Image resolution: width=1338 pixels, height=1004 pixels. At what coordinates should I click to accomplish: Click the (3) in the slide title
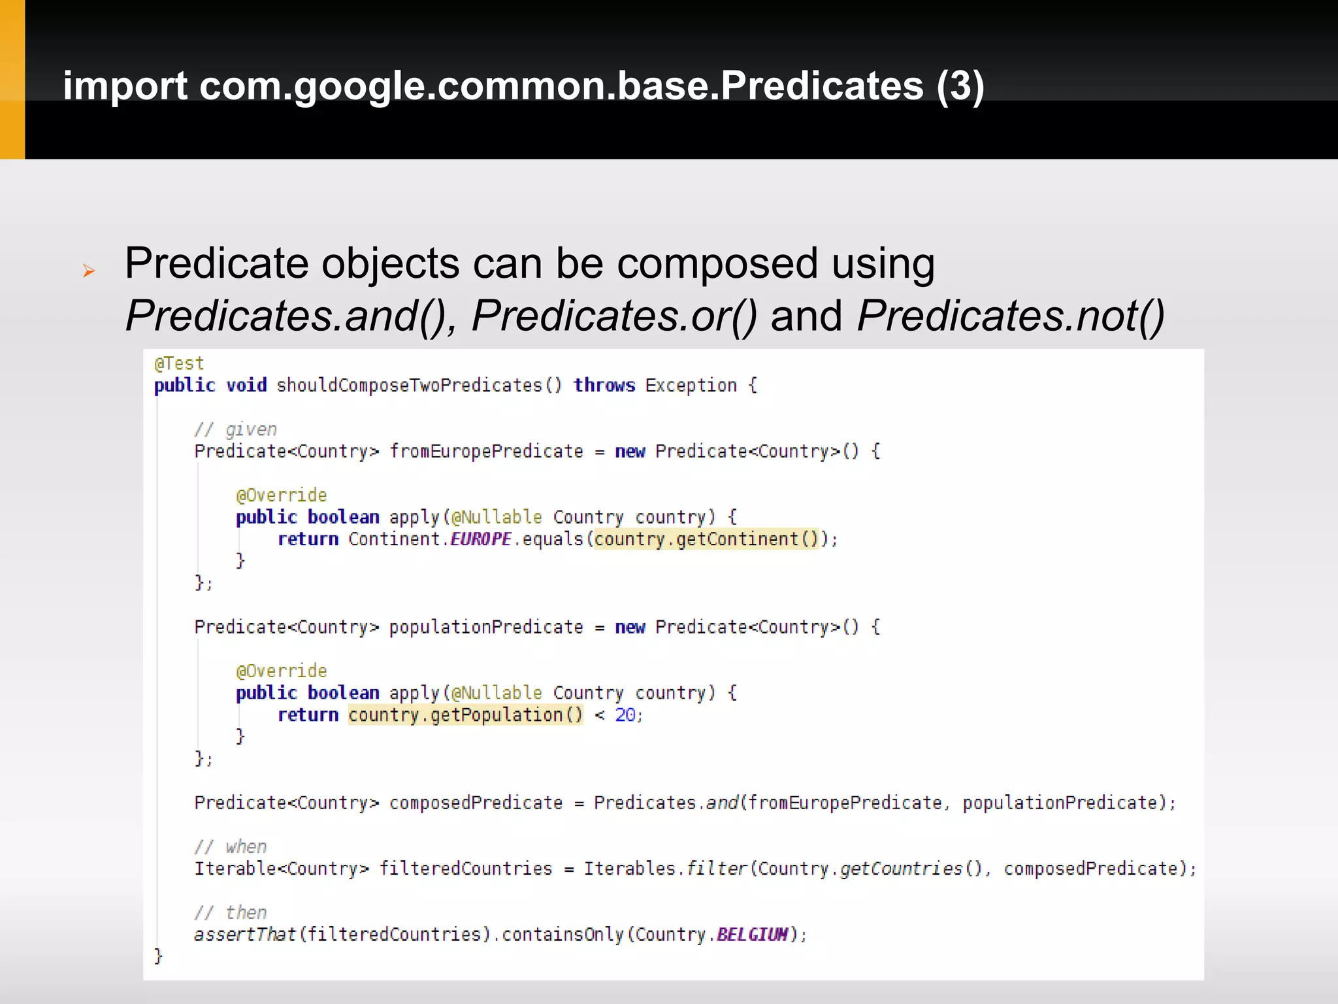[960, 86]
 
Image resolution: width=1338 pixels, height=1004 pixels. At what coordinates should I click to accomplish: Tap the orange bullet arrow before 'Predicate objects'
[89, 271]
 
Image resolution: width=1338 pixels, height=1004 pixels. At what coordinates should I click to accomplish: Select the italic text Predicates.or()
[614, 316]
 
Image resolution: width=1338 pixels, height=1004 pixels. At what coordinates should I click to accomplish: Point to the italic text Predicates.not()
[1010, 316]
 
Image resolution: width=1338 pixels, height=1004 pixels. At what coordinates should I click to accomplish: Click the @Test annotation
[179, 363]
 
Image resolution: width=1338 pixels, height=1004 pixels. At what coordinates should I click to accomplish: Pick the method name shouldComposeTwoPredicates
[410, 386]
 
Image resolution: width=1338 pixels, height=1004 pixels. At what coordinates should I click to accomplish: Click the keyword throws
[604, 386]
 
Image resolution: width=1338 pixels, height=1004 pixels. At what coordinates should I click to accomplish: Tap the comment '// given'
[236, 429]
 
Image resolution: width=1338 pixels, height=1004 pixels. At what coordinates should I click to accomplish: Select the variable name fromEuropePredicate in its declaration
[486, 452]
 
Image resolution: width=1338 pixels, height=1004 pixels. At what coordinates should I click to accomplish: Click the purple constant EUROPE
[481, 539]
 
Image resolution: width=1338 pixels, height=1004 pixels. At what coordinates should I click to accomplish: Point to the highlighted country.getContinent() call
[706, 539]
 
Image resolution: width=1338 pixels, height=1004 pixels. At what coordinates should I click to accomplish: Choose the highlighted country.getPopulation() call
[465, 715]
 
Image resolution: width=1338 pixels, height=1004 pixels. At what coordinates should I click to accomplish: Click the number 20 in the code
[625, 715]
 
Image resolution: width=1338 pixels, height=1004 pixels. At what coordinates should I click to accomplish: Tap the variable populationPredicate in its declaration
[486, 627]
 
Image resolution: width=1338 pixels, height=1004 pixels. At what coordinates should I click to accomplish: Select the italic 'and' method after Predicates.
[722, 803]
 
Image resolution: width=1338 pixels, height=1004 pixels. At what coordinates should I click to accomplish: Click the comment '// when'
[231, 847]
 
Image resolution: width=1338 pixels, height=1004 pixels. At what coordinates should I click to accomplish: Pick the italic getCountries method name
[902, 869]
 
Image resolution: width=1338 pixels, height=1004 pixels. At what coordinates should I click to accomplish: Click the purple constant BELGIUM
[752, 935]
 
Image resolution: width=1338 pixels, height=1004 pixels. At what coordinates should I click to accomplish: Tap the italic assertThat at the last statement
[245, 935]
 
